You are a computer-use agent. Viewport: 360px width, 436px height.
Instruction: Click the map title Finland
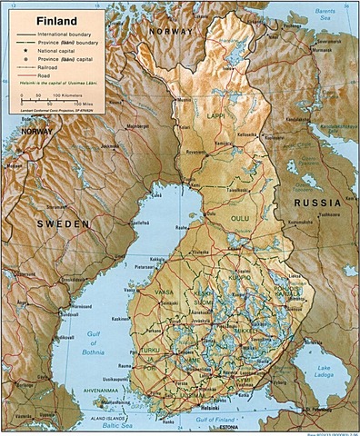tap(45, 18)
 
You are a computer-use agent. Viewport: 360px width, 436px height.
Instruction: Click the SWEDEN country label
tap(62, 223)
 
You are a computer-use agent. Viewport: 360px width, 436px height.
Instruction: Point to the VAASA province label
tap(165, 292)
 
